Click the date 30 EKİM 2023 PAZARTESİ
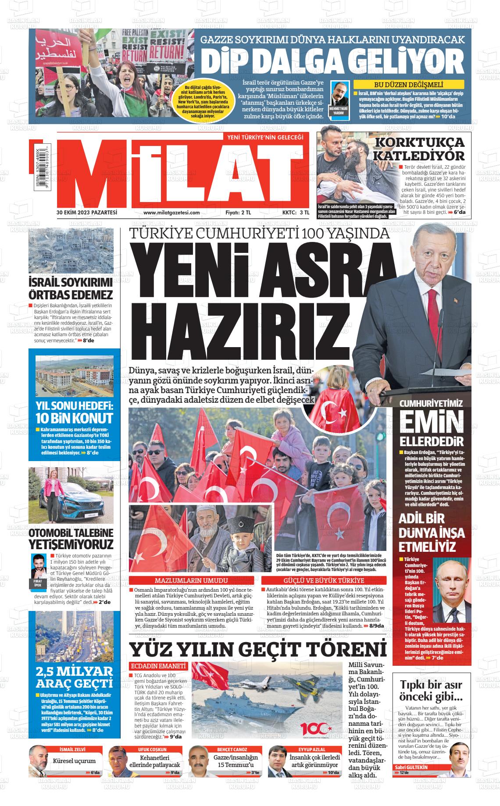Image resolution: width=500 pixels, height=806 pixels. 87,213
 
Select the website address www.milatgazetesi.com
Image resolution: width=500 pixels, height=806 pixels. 171,213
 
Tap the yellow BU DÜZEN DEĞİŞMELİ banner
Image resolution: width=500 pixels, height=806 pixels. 408,85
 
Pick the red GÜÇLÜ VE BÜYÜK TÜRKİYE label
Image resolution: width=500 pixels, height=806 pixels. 324,581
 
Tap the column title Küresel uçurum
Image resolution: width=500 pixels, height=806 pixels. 74,761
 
